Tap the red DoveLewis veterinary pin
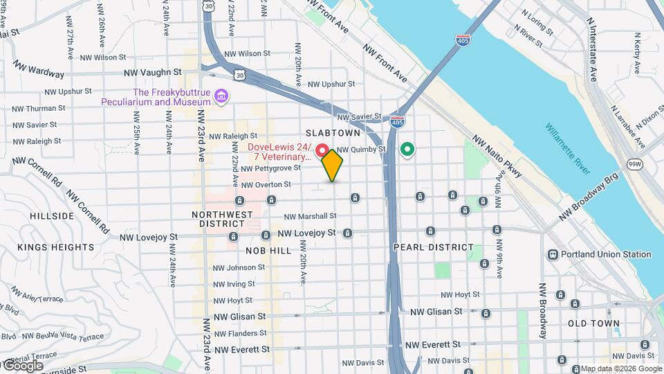(x=322, y=150)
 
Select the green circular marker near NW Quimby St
(x=407, y=149)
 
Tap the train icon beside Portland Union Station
(x=553, y=254)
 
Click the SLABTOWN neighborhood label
(x=333, y=132)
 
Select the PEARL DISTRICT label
(x=434, y=247)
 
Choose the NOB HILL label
(x=268, y=250)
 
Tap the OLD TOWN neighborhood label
(x=593, y=323)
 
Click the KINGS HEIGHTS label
(x=55, y=247)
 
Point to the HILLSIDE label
(x=52, y=216)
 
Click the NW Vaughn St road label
(x=152, y=72)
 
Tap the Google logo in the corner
(x=22, y=365)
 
